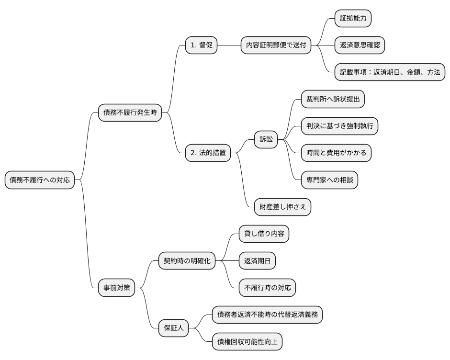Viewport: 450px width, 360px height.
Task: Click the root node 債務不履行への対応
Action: point(40,180)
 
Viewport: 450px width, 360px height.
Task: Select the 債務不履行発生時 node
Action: point(130,113)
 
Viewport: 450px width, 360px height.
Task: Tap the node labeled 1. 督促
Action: point(202,45)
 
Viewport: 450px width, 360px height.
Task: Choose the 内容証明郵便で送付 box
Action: point(275,45)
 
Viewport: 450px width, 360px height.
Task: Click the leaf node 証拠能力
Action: point(353,19)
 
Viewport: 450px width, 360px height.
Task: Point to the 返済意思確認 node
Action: point(360,45)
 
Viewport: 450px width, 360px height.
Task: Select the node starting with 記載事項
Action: point(390,72)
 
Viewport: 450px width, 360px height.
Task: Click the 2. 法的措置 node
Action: point(208,153)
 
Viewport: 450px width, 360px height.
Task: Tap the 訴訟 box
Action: point(266,139)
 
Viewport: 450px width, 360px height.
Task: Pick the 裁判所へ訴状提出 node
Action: point(333,100)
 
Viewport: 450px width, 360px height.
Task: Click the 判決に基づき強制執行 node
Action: point(339,126)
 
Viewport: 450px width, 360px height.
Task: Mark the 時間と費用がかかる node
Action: point(336,153)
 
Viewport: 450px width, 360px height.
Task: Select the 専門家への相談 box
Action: point(329,180)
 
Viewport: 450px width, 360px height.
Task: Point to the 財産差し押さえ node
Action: point(282,207)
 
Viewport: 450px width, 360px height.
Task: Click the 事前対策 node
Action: point(116,288)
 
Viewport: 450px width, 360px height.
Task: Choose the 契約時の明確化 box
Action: point(187,261)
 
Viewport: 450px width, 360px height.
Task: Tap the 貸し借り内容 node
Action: point(264,234)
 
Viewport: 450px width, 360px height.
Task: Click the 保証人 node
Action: point(174,328)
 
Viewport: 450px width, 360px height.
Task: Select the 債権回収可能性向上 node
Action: point(247,341)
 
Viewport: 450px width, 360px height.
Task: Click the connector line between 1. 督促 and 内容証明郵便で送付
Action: point(229,45)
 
